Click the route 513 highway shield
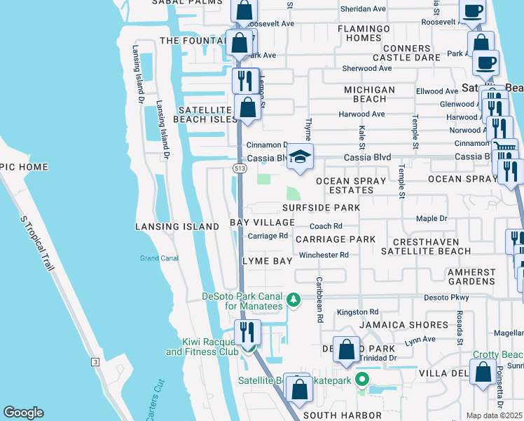[x=239, y=168]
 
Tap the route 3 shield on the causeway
[x=95, y=361]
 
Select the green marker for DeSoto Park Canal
[x=295, y=300]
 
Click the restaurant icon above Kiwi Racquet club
[x=247, y=332]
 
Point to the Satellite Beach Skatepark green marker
[x=362, y=380]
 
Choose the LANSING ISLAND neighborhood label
[x=177, y=227]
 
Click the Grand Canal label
[x=160, y=258]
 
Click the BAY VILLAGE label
[x=263, y=222]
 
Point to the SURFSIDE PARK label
[x=321, y=208]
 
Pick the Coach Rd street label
[x=326, y=226]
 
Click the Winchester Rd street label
[x=324, y=255]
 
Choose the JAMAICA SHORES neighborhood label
[x=404, y=325]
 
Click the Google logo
[x=23, y=413]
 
